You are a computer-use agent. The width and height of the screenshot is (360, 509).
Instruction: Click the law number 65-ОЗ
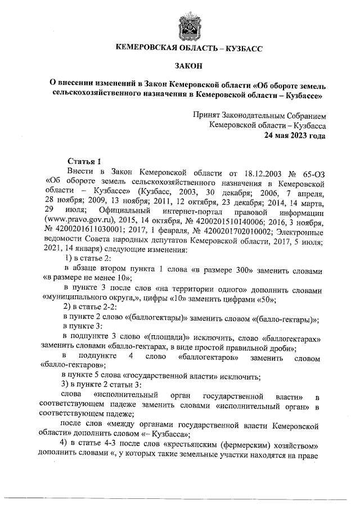[310, 170]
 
